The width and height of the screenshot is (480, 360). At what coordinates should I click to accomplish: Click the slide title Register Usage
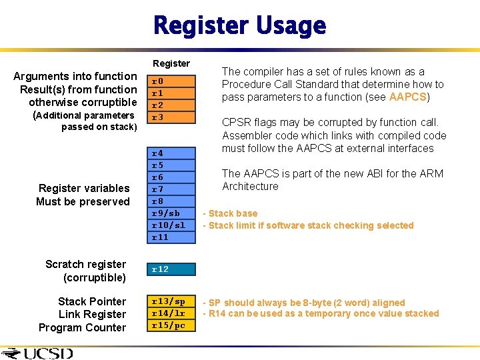pos(239,26)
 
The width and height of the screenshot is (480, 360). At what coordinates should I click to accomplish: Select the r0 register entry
pos(158,81)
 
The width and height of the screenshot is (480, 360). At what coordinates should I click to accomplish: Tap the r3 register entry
pos(158,117)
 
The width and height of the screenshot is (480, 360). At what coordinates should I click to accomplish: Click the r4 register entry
pos(158,153)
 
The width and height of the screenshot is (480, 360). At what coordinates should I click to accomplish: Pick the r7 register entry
pos(158,189)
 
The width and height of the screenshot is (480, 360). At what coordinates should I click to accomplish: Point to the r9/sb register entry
pos(165,213)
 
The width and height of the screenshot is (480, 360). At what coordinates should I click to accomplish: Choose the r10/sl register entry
pos(168,225)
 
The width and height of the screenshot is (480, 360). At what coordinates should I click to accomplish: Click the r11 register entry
pos(160,237)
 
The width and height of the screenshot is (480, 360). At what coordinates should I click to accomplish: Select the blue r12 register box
pos(171,269)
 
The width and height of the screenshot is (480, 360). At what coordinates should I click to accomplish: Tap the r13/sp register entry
pos(168,301)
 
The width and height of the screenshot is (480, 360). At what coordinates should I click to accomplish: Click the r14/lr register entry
pos(168,313)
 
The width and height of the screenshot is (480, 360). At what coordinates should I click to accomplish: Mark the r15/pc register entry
pos(168,325)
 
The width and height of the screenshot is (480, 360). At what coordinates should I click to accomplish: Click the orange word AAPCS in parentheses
pos(407,97)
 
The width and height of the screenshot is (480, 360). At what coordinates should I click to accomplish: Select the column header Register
pos(171,63)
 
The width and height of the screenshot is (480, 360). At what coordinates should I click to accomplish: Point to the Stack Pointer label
pos(92,301)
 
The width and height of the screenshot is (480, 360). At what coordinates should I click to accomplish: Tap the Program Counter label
pos(82,327)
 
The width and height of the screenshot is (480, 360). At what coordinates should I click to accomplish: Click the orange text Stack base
pos(233,213)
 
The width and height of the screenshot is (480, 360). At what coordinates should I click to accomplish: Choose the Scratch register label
pos(85,264)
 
